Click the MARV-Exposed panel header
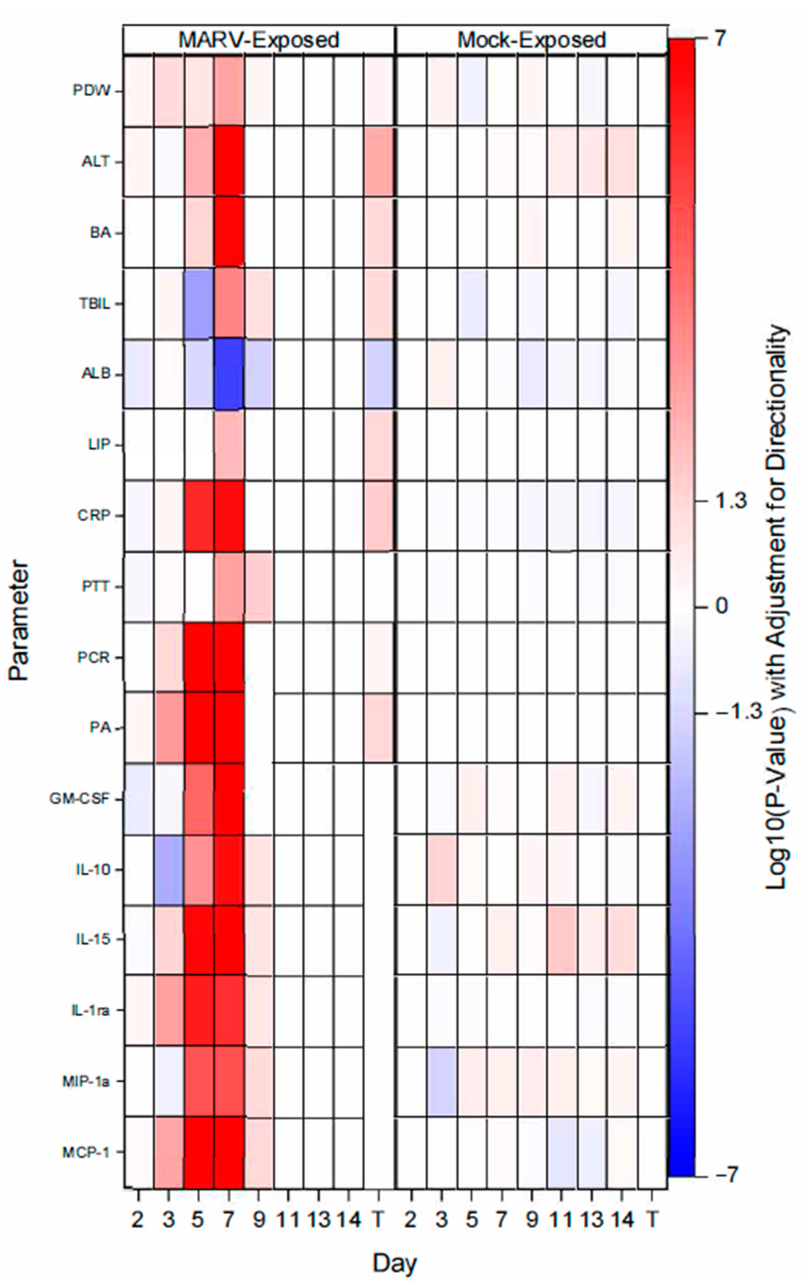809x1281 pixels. pyautogui.click(x=259, y=40)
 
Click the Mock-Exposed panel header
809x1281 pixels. pyautogui.click(x=531, y=40)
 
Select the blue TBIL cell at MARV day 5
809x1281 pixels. pyautogui.click(x=199, y=304)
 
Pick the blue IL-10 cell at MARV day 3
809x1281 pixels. pyautogui.click(x=169, y=870)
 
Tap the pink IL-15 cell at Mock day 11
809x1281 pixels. pyautogui.click(x=560, y=940)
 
